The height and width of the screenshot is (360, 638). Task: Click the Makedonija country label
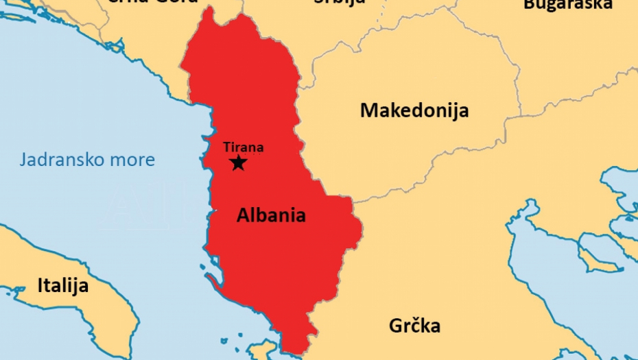pyautogui.click(x=414, y=110)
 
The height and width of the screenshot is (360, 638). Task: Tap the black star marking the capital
pyautogui.click(x=238, y=163)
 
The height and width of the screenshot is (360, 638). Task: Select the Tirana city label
pyautogui.click(x=243, y=147)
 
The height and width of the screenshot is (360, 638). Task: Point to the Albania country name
pyautogui.click(x=271, y=215)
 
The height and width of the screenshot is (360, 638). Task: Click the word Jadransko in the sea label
pyautogui.click(x=59, y=160)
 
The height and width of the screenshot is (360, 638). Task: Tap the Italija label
pyautogui.click(x=62, y=285)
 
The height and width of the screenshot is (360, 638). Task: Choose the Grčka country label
pyautogui.click(x=414, y=326)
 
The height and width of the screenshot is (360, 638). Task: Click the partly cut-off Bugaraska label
pyautogui.click(x=567, y=4)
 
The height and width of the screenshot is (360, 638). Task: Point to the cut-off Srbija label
pyautogui.click(x=340, y=2)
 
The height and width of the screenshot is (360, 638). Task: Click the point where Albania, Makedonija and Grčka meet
pyautogui.click(x=353, y=200)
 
